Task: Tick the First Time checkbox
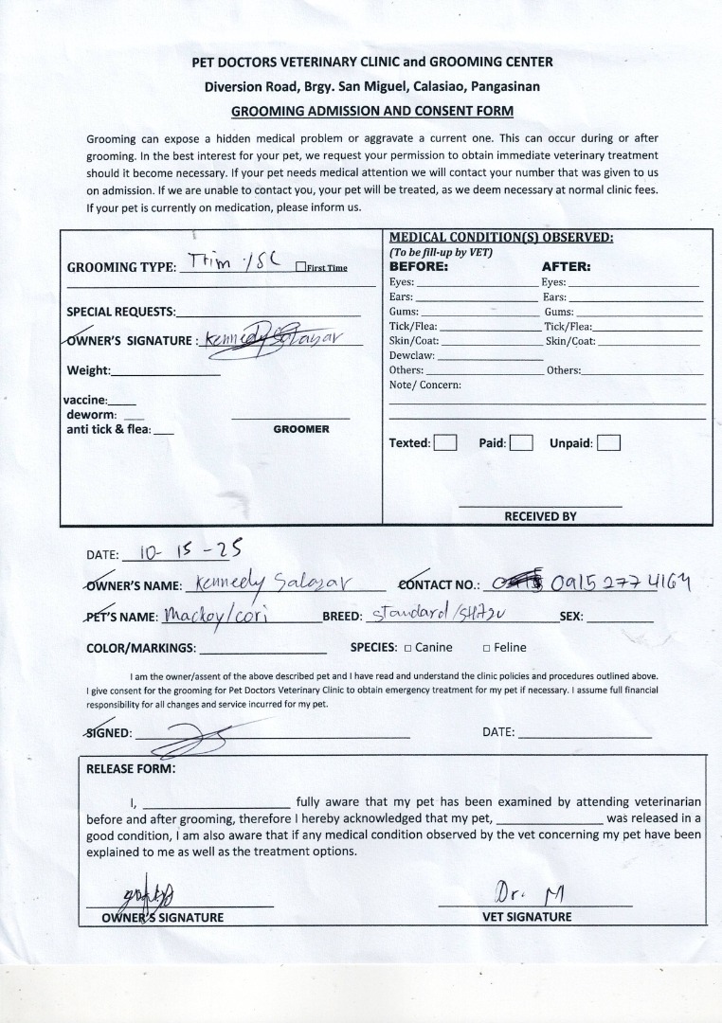coord(300,267)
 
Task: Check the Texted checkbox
coord(445,442)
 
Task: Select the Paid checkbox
coord(520,442)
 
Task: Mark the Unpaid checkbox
coord(608,442)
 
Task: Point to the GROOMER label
coord(301,429)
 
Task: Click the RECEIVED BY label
coord(540,516)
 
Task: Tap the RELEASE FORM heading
coord(131,768)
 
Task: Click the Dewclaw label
coord(411,355)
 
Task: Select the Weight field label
coord(88,370)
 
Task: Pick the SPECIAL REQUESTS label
coord(120,312)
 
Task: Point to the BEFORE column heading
coord(419,267)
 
